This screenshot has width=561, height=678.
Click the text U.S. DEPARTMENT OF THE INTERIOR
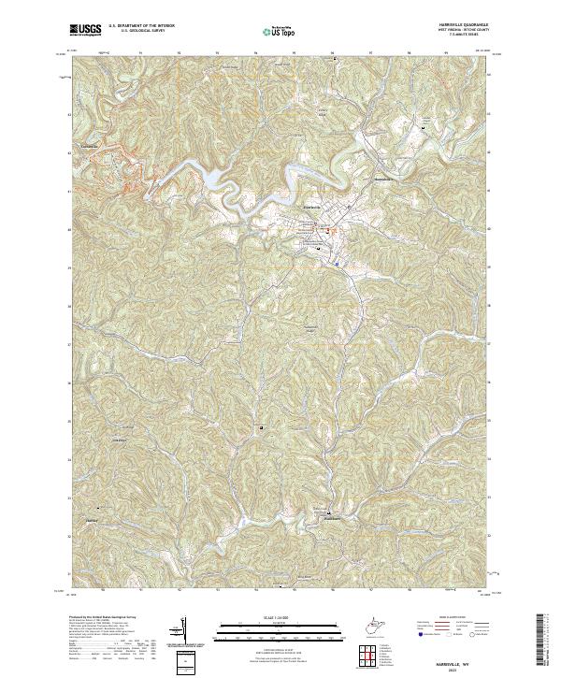141,26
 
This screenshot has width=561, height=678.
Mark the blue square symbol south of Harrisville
336,263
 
